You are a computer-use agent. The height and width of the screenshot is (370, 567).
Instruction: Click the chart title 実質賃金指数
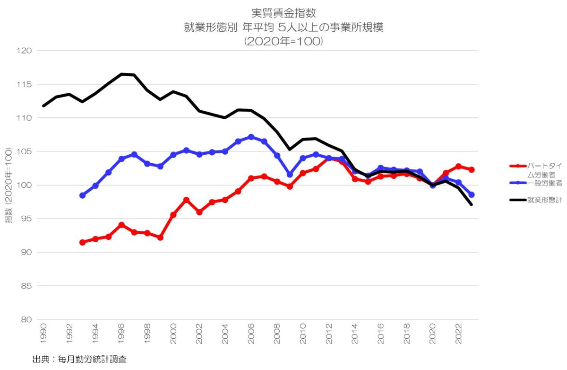[x=283, y=14]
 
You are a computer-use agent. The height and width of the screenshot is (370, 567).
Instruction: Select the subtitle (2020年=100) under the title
[x=283, y=41]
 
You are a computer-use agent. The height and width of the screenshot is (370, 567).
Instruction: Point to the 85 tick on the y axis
[x=26, y=286]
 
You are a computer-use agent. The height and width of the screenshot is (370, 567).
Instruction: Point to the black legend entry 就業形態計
[x=544, y=200]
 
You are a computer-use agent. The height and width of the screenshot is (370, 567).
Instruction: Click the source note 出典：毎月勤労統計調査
[x=79, y=360]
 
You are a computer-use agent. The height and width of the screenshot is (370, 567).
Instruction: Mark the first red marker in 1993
[x=82, y=242]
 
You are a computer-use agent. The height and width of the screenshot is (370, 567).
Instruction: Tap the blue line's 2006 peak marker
[x=251, y=137]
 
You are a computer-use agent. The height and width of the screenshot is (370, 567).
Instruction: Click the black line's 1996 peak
[x=121, y=74]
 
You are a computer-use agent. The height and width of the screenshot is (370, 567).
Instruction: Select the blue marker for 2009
[x=290, y=175]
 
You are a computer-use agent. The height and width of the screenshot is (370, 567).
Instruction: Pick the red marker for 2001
[x=186, y=200]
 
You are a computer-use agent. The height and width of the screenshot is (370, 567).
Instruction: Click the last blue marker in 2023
[x=471, y=194]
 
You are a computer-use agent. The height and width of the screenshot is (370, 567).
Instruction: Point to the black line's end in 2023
[x=472, y=204]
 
